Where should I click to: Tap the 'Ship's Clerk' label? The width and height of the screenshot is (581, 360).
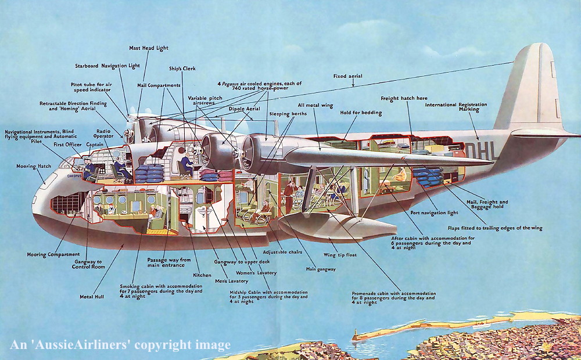pyautogui.click(x=182, y=69)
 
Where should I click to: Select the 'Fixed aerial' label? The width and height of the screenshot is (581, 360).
pyautogui.click(x=347, y=76)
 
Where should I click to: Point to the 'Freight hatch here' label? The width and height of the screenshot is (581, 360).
pyautogui.click(x=404, y=98)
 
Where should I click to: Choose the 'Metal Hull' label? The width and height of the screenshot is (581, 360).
pyautogui.click(x=91, y=297)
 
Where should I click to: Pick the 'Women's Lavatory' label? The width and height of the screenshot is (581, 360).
pyautogui.click(x=256, y=272)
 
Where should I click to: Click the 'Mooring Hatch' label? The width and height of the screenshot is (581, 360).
pyautogui.click(x=34, y=166)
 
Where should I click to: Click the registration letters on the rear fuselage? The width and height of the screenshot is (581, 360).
pyautogui.click(x=482, y=151)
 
